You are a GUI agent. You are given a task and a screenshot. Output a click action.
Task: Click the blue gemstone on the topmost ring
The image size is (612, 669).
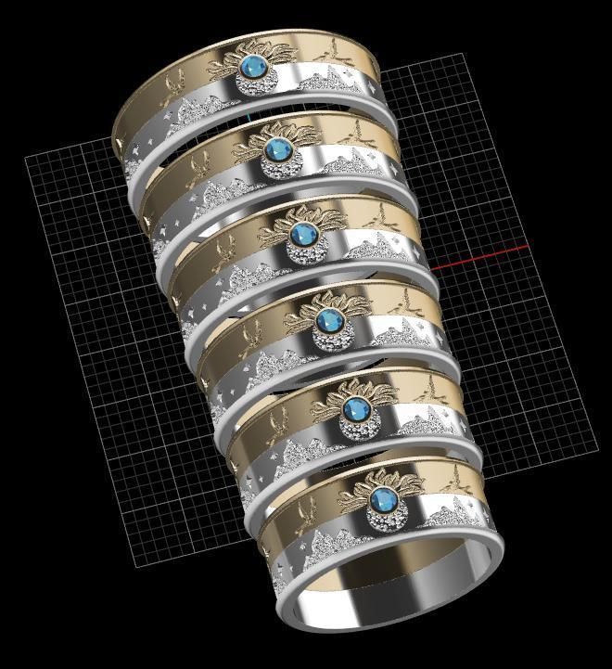pyautogui.click(x=252, y=68)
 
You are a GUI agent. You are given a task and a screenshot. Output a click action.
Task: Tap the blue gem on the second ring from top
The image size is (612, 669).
pyautogui.click(x=276, y=150)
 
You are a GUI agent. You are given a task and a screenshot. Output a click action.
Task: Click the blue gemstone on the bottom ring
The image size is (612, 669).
pyautogui.click(x=380, y=499)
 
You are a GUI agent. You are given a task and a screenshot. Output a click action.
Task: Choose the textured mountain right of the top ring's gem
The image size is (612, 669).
pyautogui.click(x=329, y=86)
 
